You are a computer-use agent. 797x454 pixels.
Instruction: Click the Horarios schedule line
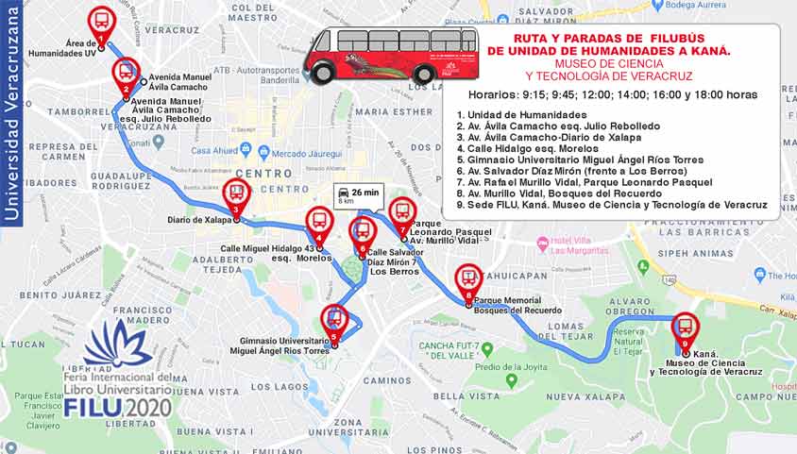613,95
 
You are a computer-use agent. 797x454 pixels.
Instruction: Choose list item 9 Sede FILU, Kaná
611,205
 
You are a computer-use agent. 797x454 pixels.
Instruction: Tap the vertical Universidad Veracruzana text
12,113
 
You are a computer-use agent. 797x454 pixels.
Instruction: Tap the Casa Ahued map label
213,151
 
